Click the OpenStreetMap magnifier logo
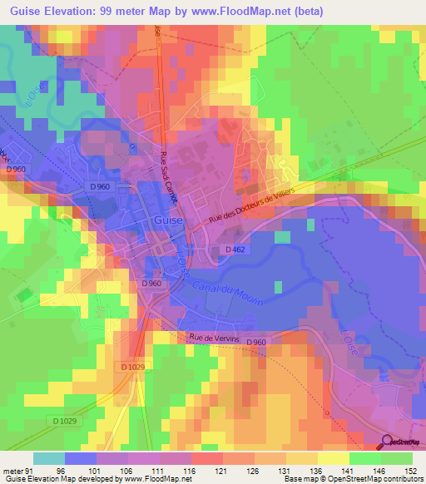388,442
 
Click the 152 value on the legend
412,470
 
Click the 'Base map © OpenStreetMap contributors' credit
355,479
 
